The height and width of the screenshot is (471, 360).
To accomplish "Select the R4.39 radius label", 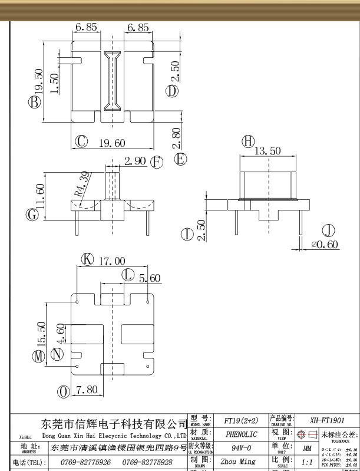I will (x=82, y=184).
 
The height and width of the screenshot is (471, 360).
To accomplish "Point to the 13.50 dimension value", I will (x=267, y=151).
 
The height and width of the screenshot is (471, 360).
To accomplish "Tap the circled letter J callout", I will (x=328, y=230).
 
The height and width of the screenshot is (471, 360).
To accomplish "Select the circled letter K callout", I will (x=87, y=259).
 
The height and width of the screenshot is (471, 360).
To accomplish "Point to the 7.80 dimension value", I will (x=87, y=391).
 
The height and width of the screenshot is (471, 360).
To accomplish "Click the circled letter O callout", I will (x=63, y=391).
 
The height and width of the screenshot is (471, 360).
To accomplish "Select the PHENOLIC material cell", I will (x=241, y=434).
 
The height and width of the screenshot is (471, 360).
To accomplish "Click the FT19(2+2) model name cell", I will (x=241, y=421).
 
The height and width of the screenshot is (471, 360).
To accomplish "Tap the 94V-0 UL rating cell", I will (x=241, y=448).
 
